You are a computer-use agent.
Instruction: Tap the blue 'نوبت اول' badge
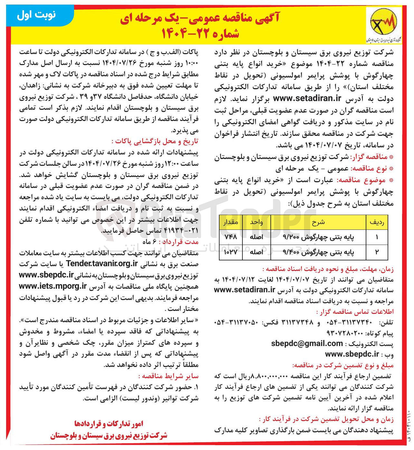[36, 15]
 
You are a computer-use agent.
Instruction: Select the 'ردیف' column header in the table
[377, 222]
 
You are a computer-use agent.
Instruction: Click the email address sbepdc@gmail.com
[307, 343]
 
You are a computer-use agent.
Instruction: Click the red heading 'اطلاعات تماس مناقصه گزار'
[354, 312]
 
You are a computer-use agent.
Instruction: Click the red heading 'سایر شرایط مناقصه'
[168, 376]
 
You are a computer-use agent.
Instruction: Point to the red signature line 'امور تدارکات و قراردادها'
[108, 424]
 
